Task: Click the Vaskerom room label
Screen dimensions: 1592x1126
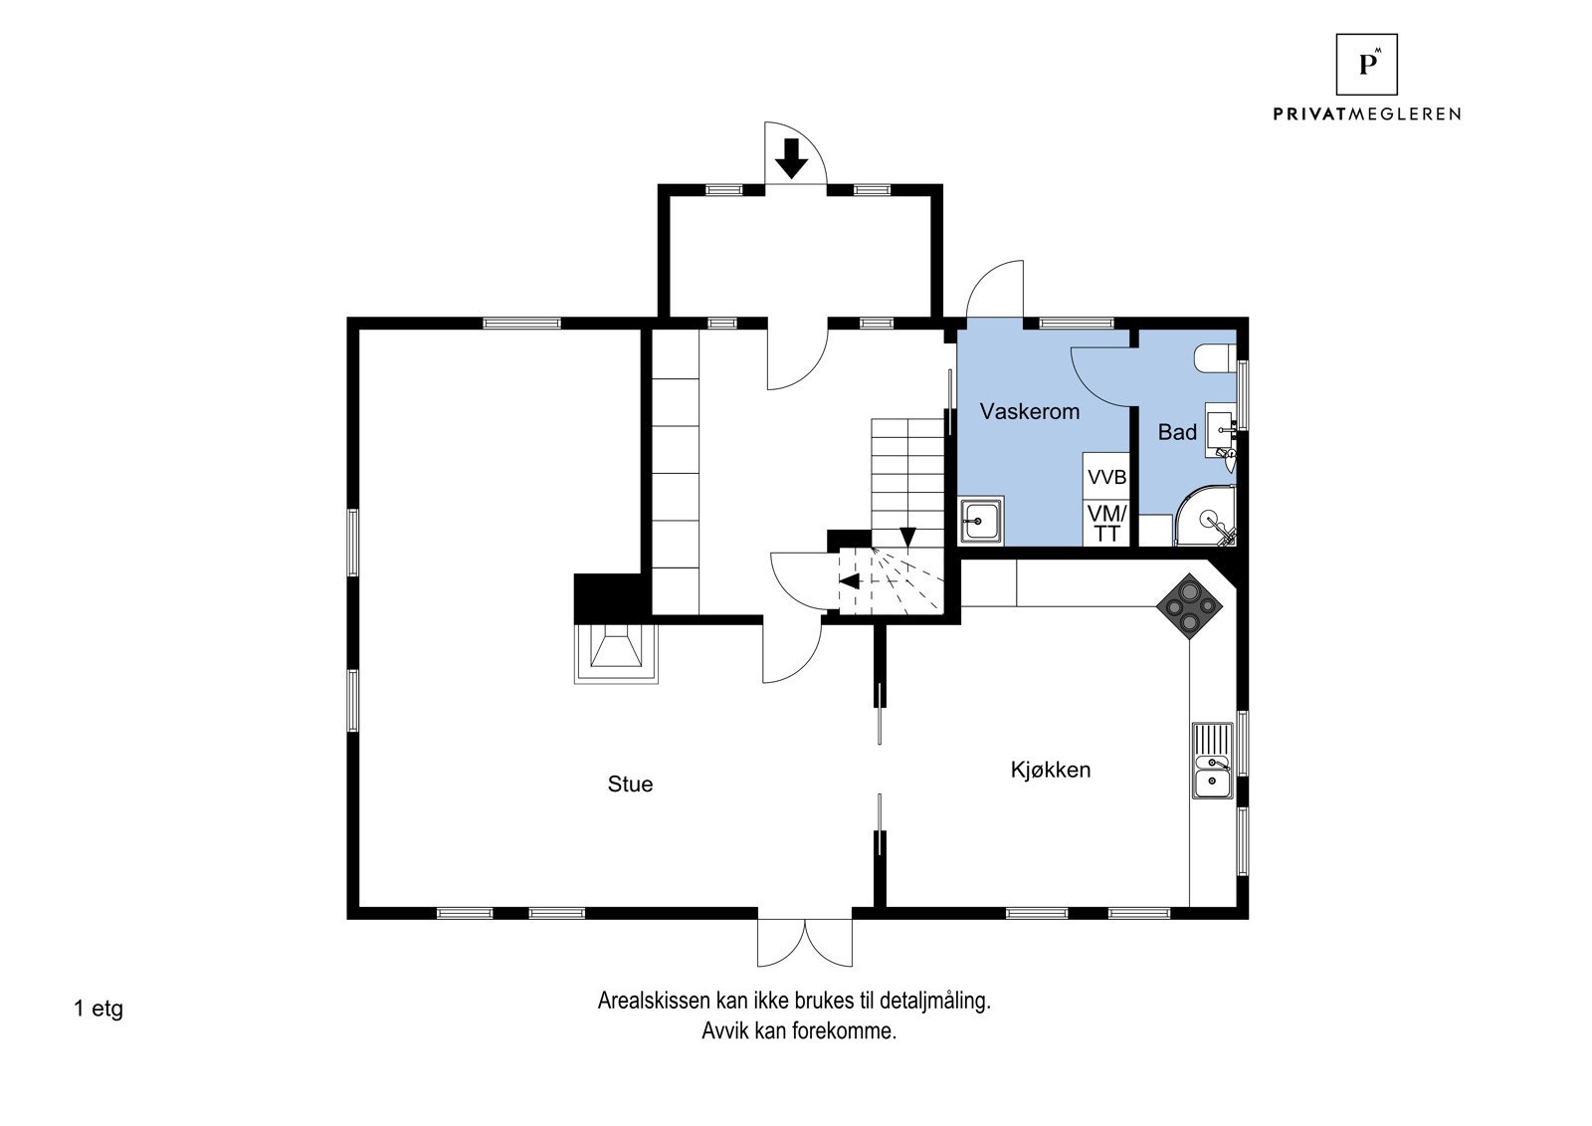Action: click(x=1029, y=411)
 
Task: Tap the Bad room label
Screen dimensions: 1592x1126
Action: click(x=1177, y=432)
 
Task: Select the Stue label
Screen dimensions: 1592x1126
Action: click(x=630, y=784)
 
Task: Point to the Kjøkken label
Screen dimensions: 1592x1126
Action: click(x=1051, y=770)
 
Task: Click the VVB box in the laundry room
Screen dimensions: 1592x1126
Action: click(x=1106, y=477)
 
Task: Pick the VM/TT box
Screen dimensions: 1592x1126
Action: click(x=1106, y=523)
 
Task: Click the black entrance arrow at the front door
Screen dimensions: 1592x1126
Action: click(x=791, y=158)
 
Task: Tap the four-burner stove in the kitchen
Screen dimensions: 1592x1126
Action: click(x=1189, y=606)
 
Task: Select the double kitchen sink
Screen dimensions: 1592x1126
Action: click(x=1213, y=761)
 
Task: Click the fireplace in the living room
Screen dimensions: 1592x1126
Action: click(x=616, y=654)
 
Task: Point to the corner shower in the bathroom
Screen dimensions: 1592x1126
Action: click(x=1205, y=517)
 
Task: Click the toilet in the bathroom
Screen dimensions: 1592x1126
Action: click(x=1215, y=358)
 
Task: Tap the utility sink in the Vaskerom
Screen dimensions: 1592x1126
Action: click(x=981, y=521)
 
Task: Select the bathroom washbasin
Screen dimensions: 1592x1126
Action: click(x=1221, y=430)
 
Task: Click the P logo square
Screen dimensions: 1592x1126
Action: click(x=1366, y=64)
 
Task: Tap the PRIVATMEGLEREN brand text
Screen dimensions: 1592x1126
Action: click(x=1366, y=113)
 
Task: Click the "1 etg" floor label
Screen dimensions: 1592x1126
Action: click(x=99, y=1009)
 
